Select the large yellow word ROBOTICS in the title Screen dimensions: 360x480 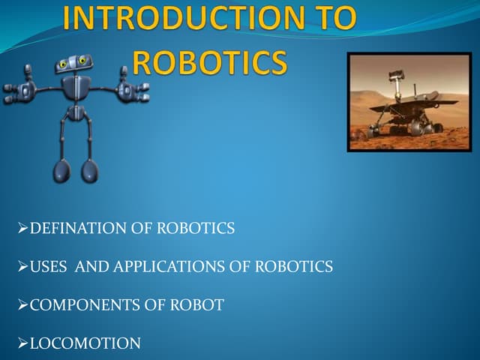click(210, 63)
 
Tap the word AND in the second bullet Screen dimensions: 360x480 click(93, 266)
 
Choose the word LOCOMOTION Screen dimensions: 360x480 click(85, 344)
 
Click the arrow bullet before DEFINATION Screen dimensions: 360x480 click(22, 229)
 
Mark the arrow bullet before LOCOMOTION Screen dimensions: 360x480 click(22, 344)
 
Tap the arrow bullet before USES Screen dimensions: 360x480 click(22, 266)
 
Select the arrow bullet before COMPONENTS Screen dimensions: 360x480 click(22, 305)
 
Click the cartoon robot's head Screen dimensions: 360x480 click(75, 66)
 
